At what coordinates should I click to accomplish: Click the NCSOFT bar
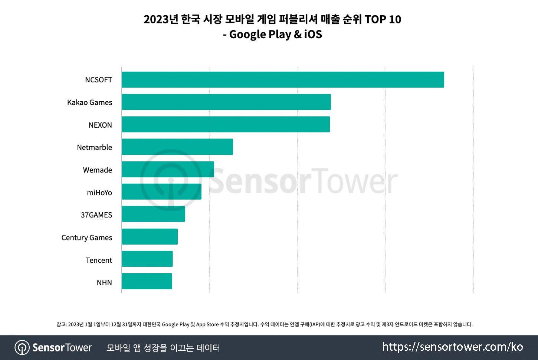(x=283, y=79)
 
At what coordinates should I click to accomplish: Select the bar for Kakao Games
(x=226, y=102)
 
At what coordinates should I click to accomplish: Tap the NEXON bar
(x=226, y=124)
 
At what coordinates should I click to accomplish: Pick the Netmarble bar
(x=177, y=147)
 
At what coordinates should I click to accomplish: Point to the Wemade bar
(x=168, y=169)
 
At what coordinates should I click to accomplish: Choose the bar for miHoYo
(x=161, y=192)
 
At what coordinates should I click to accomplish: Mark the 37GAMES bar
(x=153, y=214)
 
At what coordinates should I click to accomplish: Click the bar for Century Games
(x=150, y=237)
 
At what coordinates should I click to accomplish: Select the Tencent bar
(x=147, y=259)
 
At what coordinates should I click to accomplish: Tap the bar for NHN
(x=147, y=281)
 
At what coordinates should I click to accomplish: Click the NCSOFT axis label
(x=98, y=80)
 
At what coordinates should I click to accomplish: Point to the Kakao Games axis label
(x=89, y=102)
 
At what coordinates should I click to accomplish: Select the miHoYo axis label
(x=99, y=193)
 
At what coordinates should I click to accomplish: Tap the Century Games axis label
(x=86, y=238)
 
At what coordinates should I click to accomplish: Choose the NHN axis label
(x=104, y=282)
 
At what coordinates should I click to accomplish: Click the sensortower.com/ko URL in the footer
(x=452, y=347)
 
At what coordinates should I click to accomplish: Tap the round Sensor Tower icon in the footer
(x=22, y=348)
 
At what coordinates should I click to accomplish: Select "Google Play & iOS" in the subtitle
(x=275, y=34)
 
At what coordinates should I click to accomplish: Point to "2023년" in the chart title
(x=161, y=19)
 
